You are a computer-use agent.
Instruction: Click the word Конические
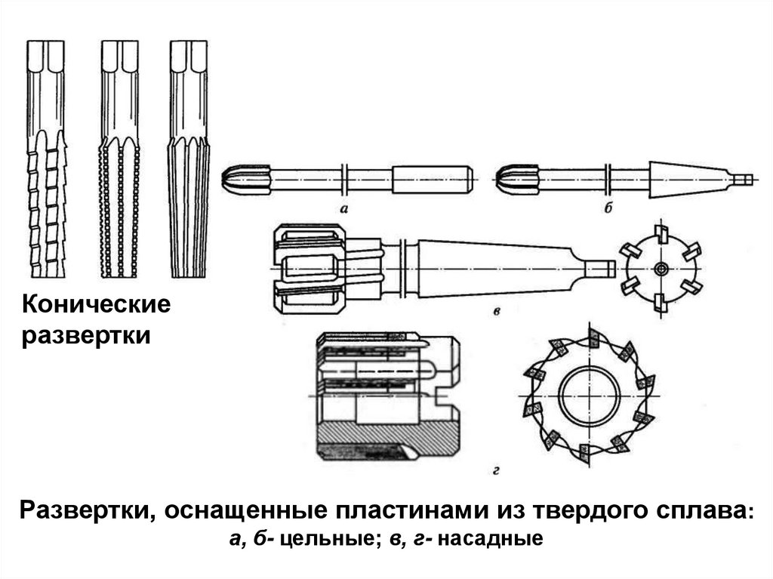click(x=94, y=306)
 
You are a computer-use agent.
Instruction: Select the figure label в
click(x=497, y=311)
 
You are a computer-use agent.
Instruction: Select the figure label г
click(x=497, y=472)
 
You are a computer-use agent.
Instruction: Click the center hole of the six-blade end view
click(x=661, y=269)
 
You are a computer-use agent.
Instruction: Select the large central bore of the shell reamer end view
click(x=590, y=399)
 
